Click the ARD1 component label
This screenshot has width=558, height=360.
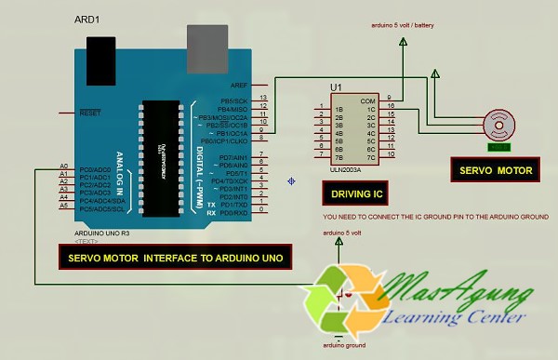point(88,20)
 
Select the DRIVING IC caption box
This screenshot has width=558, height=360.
point(352,193)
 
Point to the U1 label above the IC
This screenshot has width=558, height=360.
point(336,87)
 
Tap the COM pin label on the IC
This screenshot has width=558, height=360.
point(369,100)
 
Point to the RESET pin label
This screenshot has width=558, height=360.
point(90,113)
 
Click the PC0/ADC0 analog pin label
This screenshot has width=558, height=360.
point(95,169)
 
